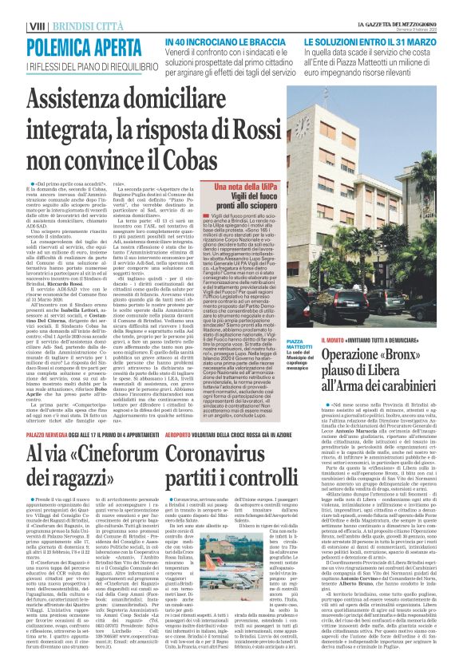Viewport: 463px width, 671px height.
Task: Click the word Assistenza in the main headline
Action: [x=85, y=99]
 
